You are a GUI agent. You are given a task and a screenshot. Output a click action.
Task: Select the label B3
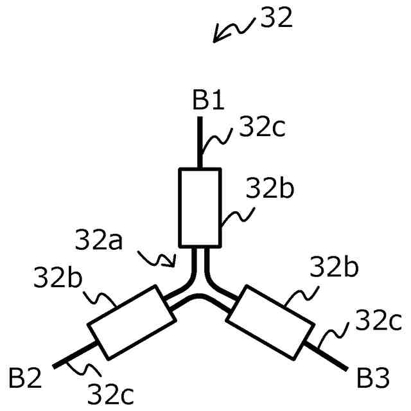372,379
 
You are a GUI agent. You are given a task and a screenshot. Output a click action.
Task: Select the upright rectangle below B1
200,207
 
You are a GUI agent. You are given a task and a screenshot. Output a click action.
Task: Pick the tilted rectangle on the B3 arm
271,321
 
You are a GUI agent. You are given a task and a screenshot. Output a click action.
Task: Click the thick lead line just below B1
200,143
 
